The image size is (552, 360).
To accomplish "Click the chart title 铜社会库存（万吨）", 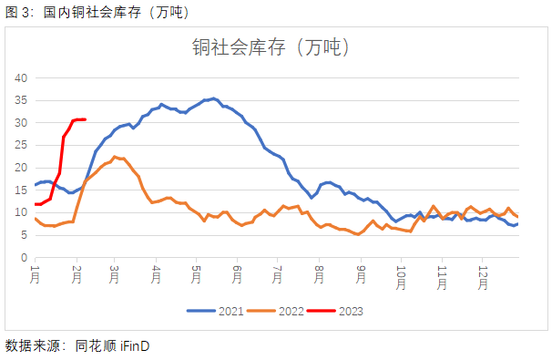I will (x=271, y=48).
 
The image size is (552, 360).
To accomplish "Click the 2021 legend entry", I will (x=218, y=311).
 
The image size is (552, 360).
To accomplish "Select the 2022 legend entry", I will (x=278, y=311).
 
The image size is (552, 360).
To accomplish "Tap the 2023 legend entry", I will (x=338, y=311).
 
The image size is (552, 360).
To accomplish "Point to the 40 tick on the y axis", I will (x=22, y=77).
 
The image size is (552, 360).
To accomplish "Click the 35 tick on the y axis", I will (x=22, y=100).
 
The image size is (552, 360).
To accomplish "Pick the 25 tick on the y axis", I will (x=22, y=145).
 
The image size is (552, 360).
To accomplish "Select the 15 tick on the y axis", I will (x=22, y=190).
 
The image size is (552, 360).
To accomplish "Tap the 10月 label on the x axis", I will (x=401, y=278).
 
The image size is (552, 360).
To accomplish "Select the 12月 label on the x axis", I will (x=483, y=278).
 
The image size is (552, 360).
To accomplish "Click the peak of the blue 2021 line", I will (x=214, y=98).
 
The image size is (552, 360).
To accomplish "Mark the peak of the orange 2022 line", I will (x=116, y=157).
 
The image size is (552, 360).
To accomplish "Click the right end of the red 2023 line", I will (x=85, y=119).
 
